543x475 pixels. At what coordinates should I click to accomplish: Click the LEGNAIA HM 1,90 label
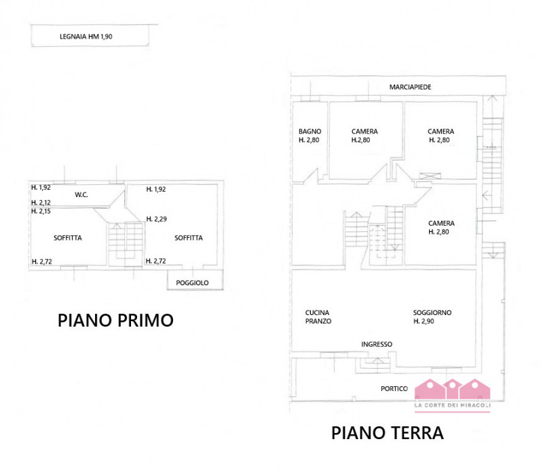[86, 37]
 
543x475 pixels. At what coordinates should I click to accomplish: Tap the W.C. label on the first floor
[81, 194]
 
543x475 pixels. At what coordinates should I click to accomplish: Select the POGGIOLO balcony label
[192, 283]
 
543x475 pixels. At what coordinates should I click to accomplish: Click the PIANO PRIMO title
[115, 320]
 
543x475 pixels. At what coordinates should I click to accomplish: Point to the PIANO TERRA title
[387, 433]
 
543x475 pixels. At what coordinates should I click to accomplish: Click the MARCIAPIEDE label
[411, 87]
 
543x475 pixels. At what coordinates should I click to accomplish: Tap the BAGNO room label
[310, 131]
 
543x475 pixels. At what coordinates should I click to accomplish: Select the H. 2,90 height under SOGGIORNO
[424, 321]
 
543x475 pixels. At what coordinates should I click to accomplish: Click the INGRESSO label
[377, 344]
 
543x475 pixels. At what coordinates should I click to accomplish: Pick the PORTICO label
[394, 388]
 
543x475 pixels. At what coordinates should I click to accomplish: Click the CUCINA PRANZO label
[318, 316]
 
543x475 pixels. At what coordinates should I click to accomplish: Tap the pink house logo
[452, 389]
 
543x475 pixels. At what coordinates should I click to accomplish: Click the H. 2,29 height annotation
[157, 219]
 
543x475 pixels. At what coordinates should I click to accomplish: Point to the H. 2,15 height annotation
[41, 211]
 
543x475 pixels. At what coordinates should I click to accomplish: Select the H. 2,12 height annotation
[41, 203]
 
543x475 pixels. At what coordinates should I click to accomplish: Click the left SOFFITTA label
[67, 238]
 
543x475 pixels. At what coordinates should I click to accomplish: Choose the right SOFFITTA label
[189, 238]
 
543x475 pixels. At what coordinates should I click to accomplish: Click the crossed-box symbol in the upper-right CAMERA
[430, 176]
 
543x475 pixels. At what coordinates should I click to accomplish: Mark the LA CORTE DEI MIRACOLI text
[453, 405]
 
